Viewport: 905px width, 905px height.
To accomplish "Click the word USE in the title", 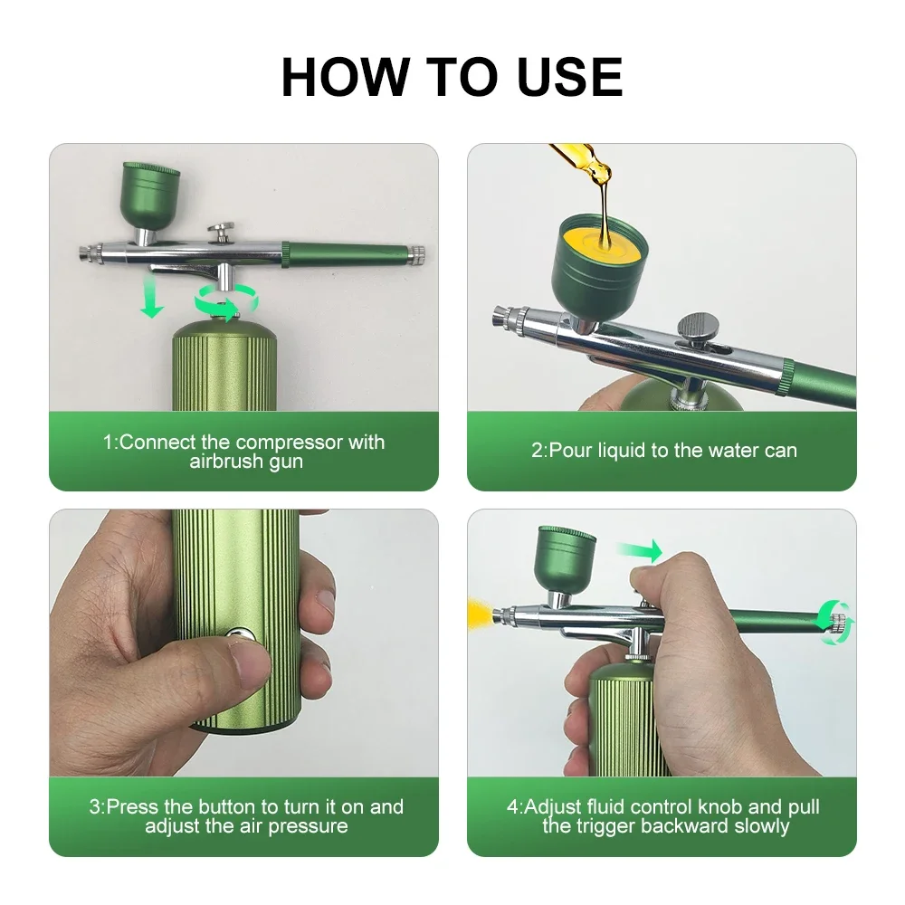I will point(569,77).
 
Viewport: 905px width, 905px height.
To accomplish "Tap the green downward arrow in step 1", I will point(152,299).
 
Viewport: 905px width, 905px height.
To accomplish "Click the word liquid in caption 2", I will point(624,450).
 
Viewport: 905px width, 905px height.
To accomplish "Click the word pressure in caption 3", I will point(309,825).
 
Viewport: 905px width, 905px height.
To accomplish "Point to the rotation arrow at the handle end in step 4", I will point(834,622).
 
